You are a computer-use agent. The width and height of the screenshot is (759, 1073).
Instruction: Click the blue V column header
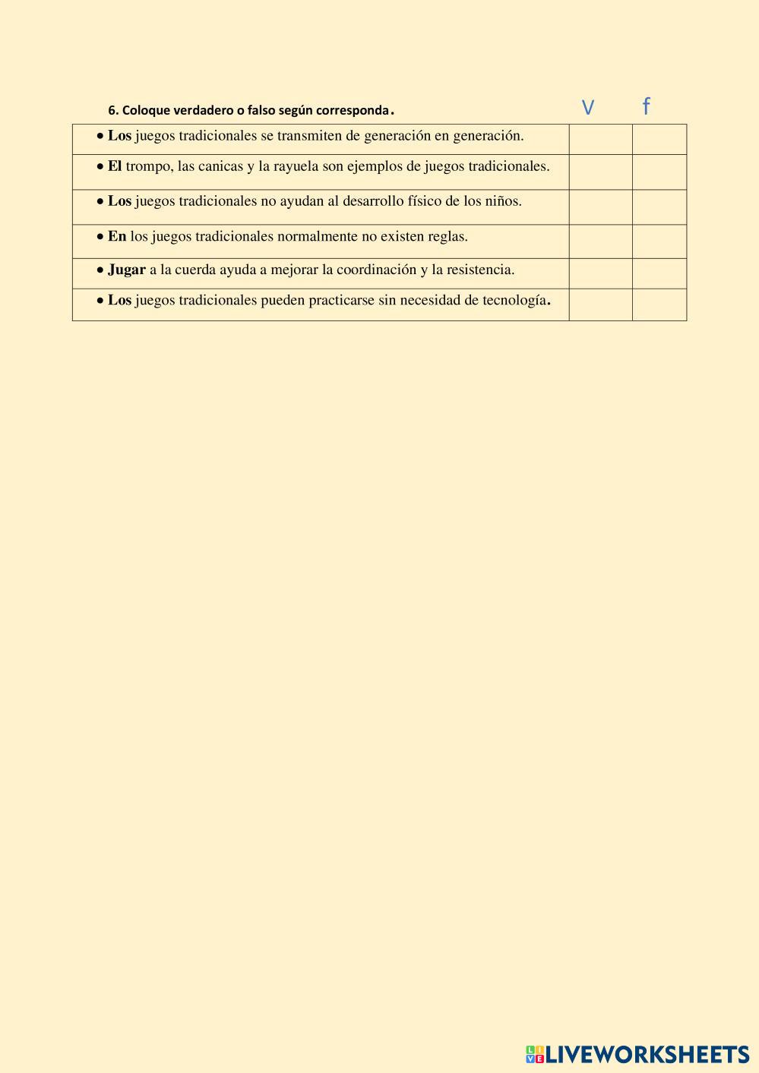click(587, 108)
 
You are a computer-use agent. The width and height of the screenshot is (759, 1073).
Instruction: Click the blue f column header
click(646, 106)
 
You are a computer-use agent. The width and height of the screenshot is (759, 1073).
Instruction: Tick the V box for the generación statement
click(600, 140)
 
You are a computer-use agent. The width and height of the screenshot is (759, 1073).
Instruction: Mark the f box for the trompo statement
click(659, 172)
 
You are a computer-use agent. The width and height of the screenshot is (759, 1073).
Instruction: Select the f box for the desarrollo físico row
click(659, 207)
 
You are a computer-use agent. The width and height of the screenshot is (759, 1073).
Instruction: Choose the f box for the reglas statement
click(659, 241)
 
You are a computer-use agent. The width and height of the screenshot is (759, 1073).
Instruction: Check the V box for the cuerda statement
click(600, 273)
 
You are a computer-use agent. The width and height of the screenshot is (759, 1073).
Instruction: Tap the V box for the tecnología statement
click(600, 305)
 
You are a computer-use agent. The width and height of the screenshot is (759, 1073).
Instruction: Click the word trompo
click(148, 166)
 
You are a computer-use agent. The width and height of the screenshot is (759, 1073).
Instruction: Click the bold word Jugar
click(126, 270)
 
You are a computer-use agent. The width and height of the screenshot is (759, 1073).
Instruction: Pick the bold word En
click(117, 236)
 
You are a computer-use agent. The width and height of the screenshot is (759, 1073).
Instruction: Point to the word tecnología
click(514, 300)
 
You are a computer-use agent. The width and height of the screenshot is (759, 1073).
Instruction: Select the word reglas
click(447, 236)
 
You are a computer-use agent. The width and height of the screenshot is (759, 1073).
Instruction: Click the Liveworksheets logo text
click(647, 1054)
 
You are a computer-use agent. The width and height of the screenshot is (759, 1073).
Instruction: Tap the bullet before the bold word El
click(100, 167)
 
